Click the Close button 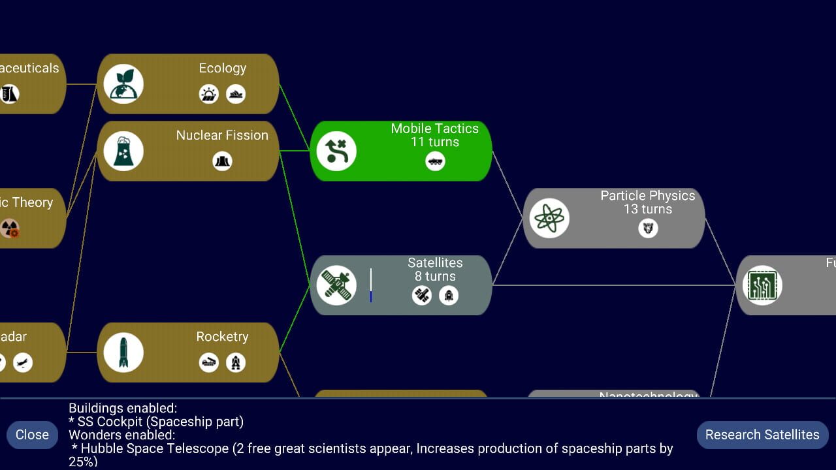click(32, 435)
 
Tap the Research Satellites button click(762, 435)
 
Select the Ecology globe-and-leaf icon click(123, 84)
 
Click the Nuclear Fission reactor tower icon click(123, 151)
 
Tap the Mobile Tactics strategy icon click(336, 151)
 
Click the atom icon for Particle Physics click(549, 218)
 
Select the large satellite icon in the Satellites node click(336, 285)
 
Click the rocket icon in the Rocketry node click(123, 352)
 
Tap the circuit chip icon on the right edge click(762, 285)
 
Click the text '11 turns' click(434, 142)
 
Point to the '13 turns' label click(647, 210)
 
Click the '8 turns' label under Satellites click(435, 276)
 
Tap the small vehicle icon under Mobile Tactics click(435, 161)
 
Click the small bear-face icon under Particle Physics click(648, 228)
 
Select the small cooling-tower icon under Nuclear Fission click(223, 161)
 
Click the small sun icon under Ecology click(209, 94)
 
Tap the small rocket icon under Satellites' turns click(449, 296)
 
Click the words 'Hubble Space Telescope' click(155, 448)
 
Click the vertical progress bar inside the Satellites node click(371, 285)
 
